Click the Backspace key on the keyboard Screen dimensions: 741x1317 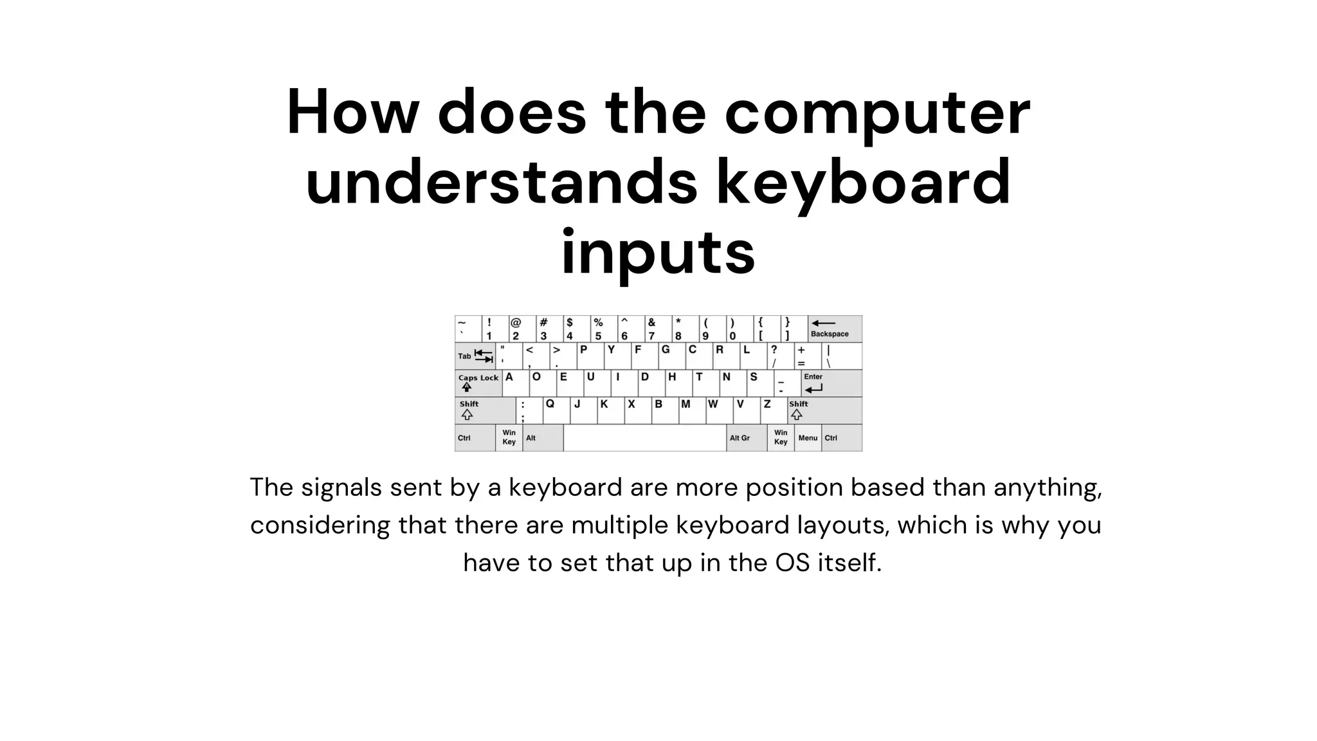click(x=835, y=329)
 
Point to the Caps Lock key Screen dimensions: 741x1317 click(x=478, y=383)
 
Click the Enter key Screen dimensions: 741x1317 click(x=831, y=383)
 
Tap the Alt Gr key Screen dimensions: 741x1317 click(x=746, y=438)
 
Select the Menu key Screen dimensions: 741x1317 click(x=808, y=438)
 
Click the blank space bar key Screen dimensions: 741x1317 click(x=644, y=438)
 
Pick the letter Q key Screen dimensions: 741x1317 click(x=556, y=410)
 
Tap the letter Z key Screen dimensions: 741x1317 click(x=774, y=410)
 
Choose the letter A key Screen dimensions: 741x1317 click(x=515, y=383)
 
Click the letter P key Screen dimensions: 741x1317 click(x=590, y=356)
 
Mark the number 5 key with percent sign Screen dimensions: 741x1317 click(x=604, y=329)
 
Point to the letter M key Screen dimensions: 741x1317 click(x=692, y=410)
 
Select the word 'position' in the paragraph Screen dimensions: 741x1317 click(x=794, y=488)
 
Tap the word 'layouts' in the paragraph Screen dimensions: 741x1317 click(x=843, y=526)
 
